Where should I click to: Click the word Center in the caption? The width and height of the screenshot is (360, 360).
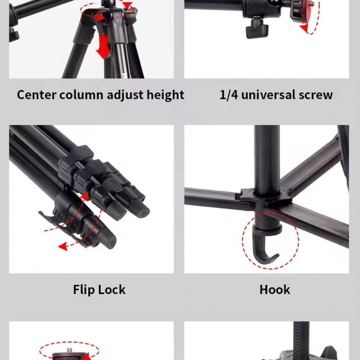[x=36, y=94]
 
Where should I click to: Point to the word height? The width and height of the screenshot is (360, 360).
[x=165, y=95]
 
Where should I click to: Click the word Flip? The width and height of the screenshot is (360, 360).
[x=83, y=290]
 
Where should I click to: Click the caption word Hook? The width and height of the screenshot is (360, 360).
[x=274, y=289]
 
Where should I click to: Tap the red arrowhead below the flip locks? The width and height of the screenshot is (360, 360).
[x=63, y=246]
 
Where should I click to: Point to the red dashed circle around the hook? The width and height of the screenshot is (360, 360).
[x=271, y=240]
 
